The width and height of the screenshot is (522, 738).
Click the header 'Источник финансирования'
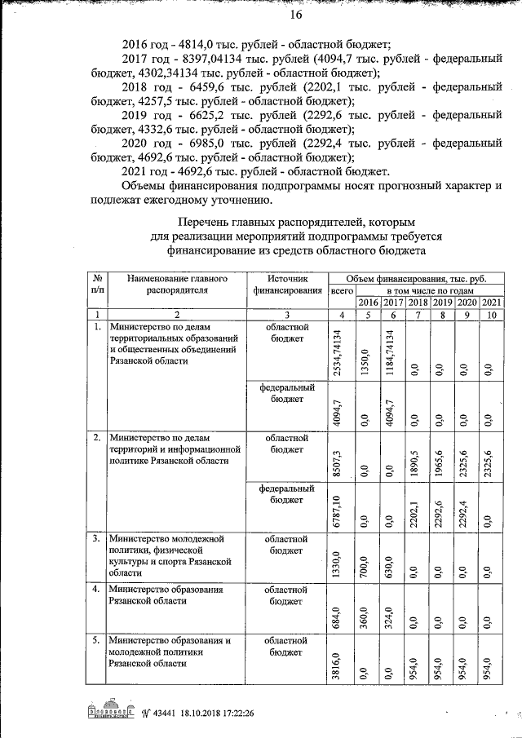(286, 284)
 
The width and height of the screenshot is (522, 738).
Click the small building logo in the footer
(110, 710)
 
